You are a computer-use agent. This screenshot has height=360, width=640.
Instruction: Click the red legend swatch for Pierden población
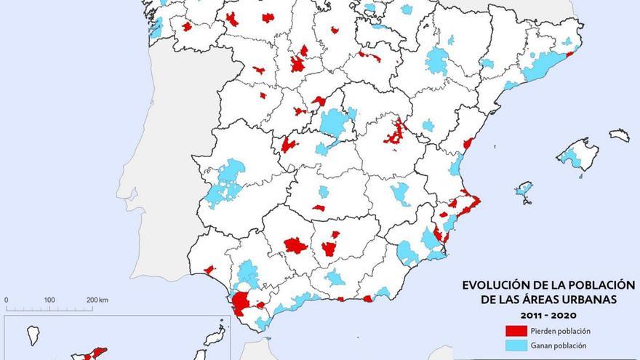tap(520, 331)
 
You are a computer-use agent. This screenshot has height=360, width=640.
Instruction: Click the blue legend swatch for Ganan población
tap(520, 345)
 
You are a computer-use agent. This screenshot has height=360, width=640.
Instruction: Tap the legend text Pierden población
tap(561, 331)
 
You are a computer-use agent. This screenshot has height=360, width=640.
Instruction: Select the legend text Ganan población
tap(559, 345)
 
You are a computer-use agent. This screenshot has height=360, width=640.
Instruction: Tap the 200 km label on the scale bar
tap(97, 300)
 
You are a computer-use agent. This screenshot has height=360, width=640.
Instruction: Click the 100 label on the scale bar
tap(49, 300)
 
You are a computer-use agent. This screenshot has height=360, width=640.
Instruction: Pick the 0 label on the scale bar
tap(7, 300)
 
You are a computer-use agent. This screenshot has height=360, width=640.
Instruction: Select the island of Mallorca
tap(578, 156)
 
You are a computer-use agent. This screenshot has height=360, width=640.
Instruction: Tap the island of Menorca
tap(619, 135)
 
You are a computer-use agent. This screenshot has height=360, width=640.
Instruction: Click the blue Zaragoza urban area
tap(436, 61)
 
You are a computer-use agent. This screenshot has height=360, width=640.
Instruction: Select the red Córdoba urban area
tap(295, 245)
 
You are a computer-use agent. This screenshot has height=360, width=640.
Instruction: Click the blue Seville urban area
tap(248, 273)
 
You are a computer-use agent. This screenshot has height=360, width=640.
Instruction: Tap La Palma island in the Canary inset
tap(31, 336)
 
